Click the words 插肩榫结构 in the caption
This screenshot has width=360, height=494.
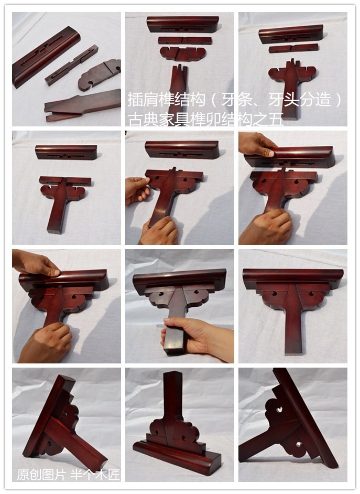tap(167, 100)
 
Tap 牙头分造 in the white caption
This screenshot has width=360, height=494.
tap(300, 100)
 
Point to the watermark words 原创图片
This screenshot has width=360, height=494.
tap(41, 475)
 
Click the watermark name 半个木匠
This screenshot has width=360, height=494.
tap(95, 475)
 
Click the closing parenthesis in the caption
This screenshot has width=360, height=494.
tap(339, 100)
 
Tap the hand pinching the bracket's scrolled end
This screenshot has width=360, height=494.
tap(137, 190)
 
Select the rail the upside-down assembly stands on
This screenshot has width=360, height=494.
tap(177, 457)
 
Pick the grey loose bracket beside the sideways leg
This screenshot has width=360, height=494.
tap(99, 74)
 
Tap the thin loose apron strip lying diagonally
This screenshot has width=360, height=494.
tap(71, 65)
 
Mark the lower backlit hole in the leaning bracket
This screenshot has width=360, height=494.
tap(298, 444)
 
